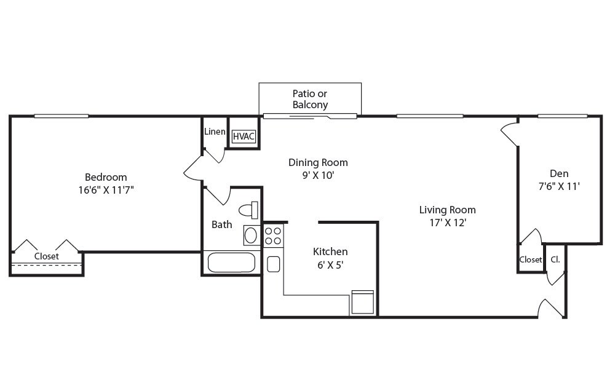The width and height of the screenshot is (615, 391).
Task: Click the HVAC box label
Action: (244, 136)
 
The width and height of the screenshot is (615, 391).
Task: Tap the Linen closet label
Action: (215, 132)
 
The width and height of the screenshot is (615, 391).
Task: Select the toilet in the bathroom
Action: (248, 210)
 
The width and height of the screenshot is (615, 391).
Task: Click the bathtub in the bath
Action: (231, 263)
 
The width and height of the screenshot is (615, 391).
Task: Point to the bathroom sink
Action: (251, 235)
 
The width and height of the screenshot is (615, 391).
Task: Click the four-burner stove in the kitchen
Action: (273, 235)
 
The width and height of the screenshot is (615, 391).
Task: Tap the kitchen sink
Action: (274, 264)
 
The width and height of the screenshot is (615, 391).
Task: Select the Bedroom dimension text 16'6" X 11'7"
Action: (106, 190)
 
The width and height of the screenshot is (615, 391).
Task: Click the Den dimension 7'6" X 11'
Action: (559, 186)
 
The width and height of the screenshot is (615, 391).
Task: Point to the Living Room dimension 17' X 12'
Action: (448, 223)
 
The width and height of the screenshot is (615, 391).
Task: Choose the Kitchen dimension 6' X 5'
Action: (330, 265)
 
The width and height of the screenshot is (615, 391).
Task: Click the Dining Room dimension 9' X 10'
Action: (318, 175)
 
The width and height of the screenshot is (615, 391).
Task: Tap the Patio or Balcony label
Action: (310, 99)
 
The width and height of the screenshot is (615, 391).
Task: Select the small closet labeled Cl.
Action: (555, 259)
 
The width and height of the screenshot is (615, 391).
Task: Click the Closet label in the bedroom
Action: (46, 256)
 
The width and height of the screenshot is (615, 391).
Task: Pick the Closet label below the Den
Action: (531, 259)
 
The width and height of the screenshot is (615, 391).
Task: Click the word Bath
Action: (221, 224)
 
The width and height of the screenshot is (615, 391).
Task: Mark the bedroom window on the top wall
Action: (61, 116)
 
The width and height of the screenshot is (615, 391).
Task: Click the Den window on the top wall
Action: (563, 116)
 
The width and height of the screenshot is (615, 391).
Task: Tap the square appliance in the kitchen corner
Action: (362, 302)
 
